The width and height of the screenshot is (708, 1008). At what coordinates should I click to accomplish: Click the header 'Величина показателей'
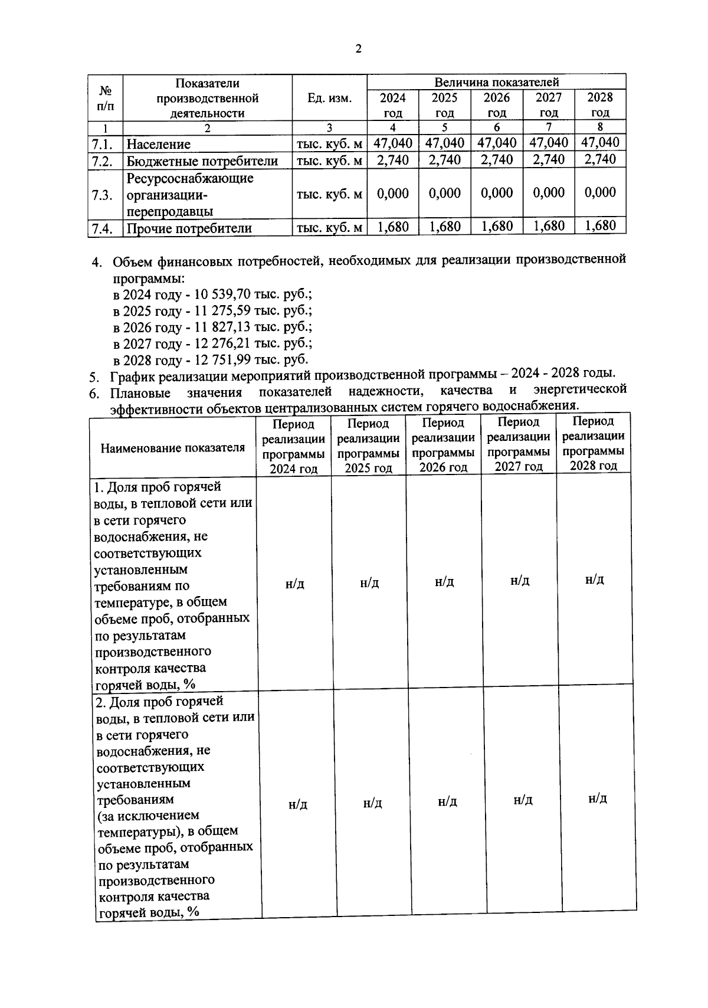496,82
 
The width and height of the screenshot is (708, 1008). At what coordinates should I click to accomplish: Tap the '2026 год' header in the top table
496,105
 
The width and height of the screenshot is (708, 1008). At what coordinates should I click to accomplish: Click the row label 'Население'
158,144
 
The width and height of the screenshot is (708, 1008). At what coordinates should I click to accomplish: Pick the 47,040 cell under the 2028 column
600,143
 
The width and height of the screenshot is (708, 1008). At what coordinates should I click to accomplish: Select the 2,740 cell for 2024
392,160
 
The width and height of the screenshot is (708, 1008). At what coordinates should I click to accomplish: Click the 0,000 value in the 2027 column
548,193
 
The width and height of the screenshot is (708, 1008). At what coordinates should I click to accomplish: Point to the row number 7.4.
103,228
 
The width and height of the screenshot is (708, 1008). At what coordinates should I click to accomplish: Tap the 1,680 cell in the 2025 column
444,227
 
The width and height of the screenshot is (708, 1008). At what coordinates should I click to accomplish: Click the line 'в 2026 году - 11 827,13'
212,327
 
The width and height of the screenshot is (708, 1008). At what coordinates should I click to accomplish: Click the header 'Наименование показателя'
172,448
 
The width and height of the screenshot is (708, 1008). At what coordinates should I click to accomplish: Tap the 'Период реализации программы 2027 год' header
519,444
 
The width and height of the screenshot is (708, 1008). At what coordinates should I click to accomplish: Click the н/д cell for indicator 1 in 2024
294,584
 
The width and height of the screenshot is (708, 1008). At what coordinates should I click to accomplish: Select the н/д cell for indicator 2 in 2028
598,798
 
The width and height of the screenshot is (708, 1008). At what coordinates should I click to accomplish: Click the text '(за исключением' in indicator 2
148,816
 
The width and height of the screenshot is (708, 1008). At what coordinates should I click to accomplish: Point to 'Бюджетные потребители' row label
202,161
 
